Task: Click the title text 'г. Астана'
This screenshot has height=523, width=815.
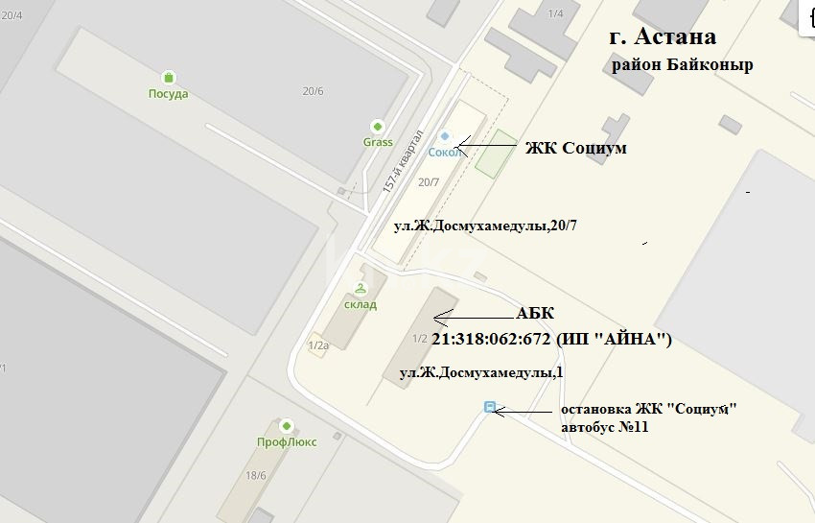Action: click(664, 37)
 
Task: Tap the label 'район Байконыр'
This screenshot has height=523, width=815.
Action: click(682, 64)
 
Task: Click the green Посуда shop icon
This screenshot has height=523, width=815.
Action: click(169, 77)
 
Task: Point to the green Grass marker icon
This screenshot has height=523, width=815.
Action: click(378, 127)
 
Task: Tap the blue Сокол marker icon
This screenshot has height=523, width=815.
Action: click(444, 137)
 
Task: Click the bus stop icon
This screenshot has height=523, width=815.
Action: click(491, 408)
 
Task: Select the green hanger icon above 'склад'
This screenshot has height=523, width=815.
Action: click(361, 288)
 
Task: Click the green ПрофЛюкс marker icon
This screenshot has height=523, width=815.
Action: click(286, 425)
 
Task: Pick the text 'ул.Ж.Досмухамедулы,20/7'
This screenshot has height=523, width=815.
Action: click(486, 226)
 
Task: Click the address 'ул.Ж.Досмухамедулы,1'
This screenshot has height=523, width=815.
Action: click(479, 372)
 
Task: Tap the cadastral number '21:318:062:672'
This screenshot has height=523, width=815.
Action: click(491, 340)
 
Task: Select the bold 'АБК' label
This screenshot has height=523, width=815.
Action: click(535, 314)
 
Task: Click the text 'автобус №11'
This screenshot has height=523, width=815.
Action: click(605, 427)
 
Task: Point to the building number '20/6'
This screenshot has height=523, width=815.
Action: click(313, 91)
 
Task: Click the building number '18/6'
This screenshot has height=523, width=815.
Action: click(256, 474)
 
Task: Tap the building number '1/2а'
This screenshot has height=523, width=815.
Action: click(318, 345)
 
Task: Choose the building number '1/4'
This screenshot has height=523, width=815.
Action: click(555, 13)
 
